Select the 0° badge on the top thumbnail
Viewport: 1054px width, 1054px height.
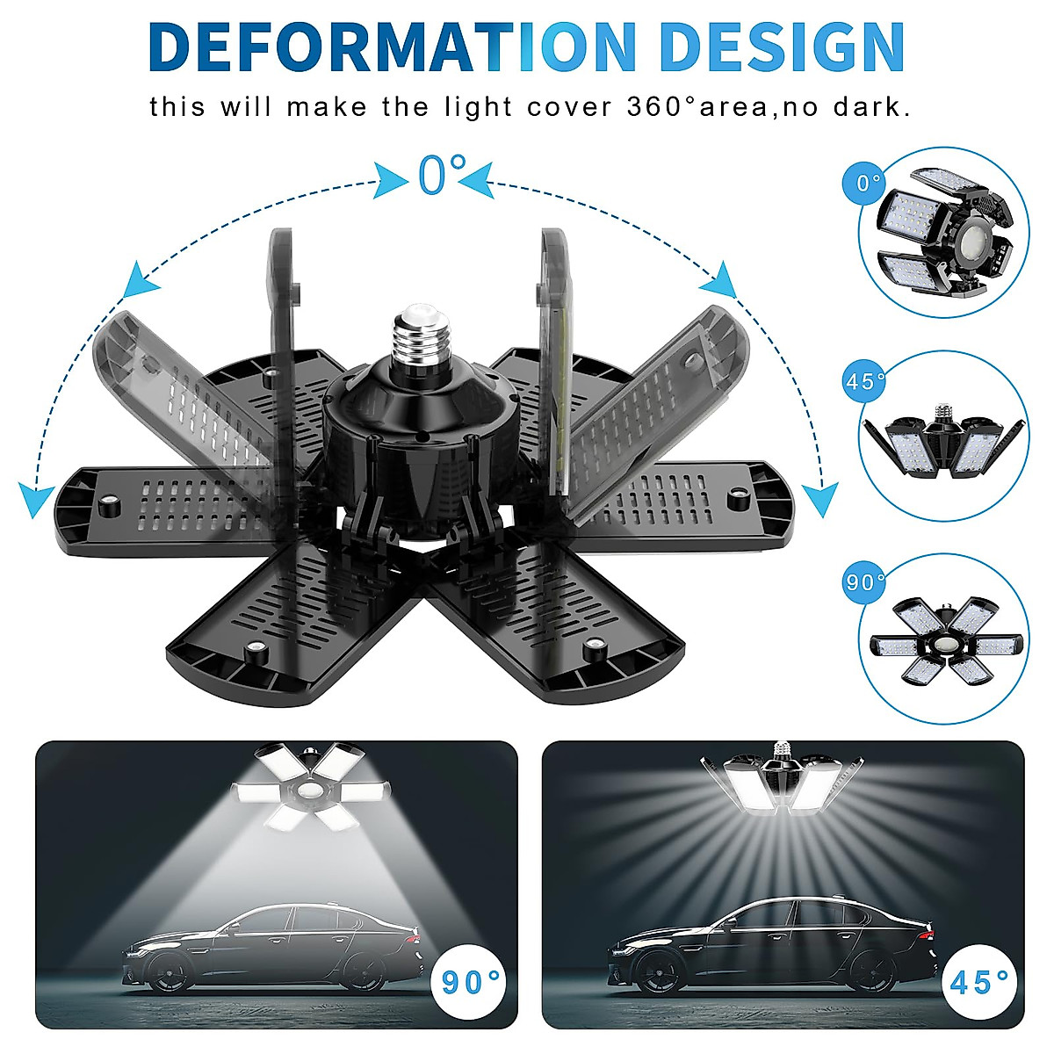[868, 184]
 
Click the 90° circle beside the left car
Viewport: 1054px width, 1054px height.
[469, 981]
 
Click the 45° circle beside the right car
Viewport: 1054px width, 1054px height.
[978, 981]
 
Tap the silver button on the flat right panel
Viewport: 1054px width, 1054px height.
[736, 500]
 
